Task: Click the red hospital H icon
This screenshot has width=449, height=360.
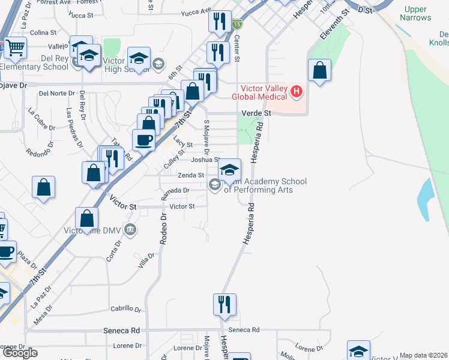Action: tap(296, 92)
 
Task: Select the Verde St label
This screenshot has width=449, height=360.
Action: tap(256, 113)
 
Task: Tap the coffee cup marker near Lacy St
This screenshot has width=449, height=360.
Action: tap(143, 140)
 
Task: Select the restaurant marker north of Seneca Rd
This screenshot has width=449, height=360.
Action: tap(224, 304)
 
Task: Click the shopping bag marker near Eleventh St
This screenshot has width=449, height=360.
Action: tap(320, 70)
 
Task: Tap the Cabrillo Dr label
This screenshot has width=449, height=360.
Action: tap(125, 310)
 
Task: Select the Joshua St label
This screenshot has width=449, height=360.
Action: tap(205, 160)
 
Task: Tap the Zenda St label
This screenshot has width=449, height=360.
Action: tap(187, 175)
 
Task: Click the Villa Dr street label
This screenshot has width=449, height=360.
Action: tap(146, 259)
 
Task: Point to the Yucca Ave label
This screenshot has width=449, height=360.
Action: tap(198, 10)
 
